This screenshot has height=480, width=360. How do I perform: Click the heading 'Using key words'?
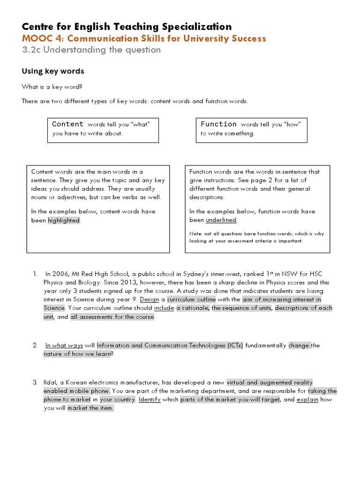coord(53,71)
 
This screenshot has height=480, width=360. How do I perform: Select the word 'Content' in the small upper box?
coord(67,124)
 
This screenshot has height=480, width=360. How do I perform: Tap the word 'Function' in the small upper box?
coord(218,124)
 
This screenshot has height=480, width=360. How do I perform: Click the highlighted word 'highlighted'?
coord(64,220)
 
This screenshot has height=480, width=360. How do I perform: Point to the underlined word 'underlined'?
coord(221,220)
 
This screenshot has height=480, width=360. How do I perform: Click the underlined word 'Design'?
coord(150,300)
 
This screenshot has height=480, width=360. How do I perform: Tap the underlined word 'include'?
coord(164,308)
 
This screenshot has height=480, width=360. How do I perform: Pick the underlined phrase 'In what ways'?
coord(64,345)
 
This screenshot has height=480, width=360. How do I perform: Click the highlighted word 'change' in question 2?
coord(299,345)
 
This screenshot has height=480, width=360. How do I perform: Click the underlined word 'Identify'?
coord(150,399)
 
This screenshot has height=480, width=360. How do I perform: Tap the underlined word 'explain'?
coord(307,399)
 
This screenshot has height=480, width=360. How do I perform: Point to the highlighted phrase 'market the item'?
coord(90,408)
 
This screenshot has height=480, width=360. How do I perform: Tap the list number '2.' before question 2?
coord(35,345)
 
